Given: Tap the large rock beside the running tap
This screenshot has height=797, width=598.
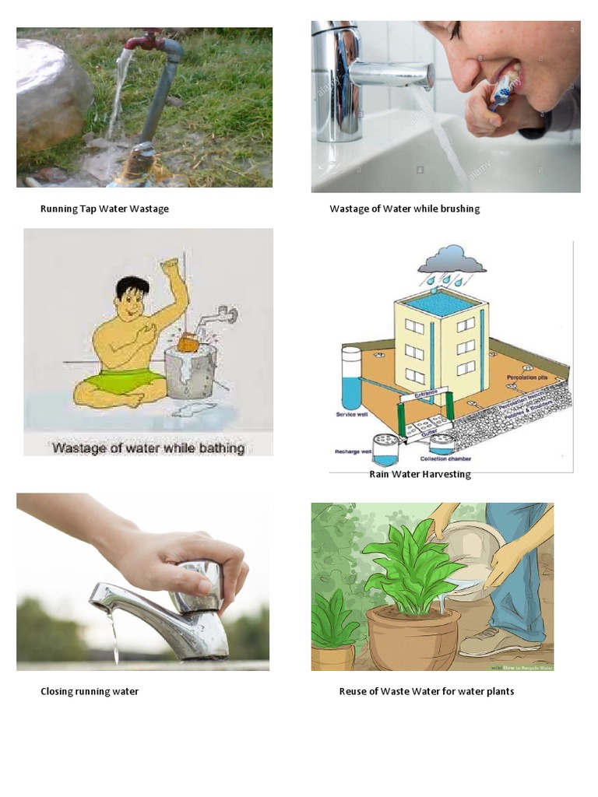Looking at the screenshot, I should (x=51, y=93).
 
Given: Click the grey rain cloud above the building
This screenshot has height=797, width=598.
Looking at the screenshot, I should (x=452, y=259).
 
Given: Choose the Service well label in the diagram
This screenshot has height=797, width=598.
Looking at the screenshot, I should (x=350, y=415).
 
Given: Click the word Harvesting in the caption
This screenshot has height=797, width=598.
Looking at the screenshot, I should (x=446, y=474).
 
